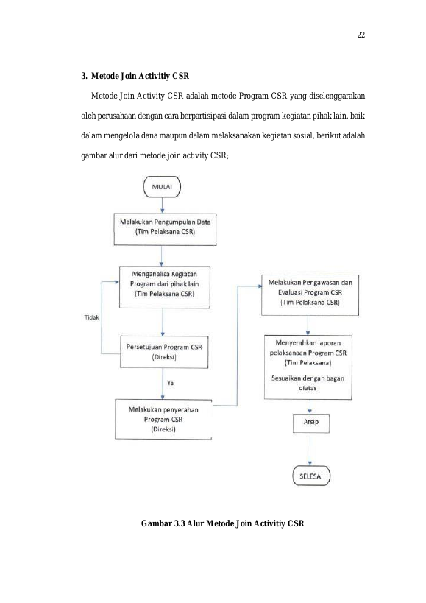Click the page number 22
click(361, 35)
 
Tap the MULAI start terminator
click(162, 187)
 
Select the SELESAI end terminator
click(311, 476)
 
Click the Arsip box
click(311, 423)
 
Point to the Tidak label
click(92, 317)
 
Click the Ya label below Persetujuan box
click(170, 383)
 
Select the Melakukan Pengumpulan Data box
click(165, 230)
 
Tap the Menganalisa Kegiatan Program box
click(164, 287)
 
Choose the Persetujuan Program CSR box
click(164, 352)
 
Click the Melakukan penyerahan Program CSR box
click(163, 419)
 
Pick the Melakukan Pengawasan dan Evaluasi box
click(310, 295)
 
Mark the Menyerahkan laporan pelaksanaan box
click(308, 367)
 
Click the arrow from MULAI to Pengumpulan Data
click(163, 205)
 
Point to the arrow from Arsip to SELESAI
click(310, 450)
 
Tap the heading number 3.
click(84, 76)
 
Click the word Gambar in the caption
click(156, 523)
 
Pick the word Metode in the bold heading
click(105, 76)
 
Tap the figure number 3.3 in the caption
click(180, 523)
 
